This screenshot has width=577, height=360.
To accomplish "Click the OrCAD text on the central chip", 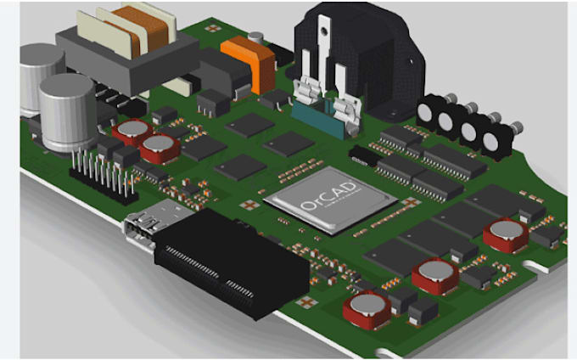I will pos(328,200).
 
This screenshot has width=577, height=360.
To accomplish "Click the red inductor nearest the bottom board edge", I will pos(367,309).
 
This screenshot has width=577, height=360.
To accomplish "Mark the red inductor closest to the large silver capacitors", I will pos(132,130).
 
